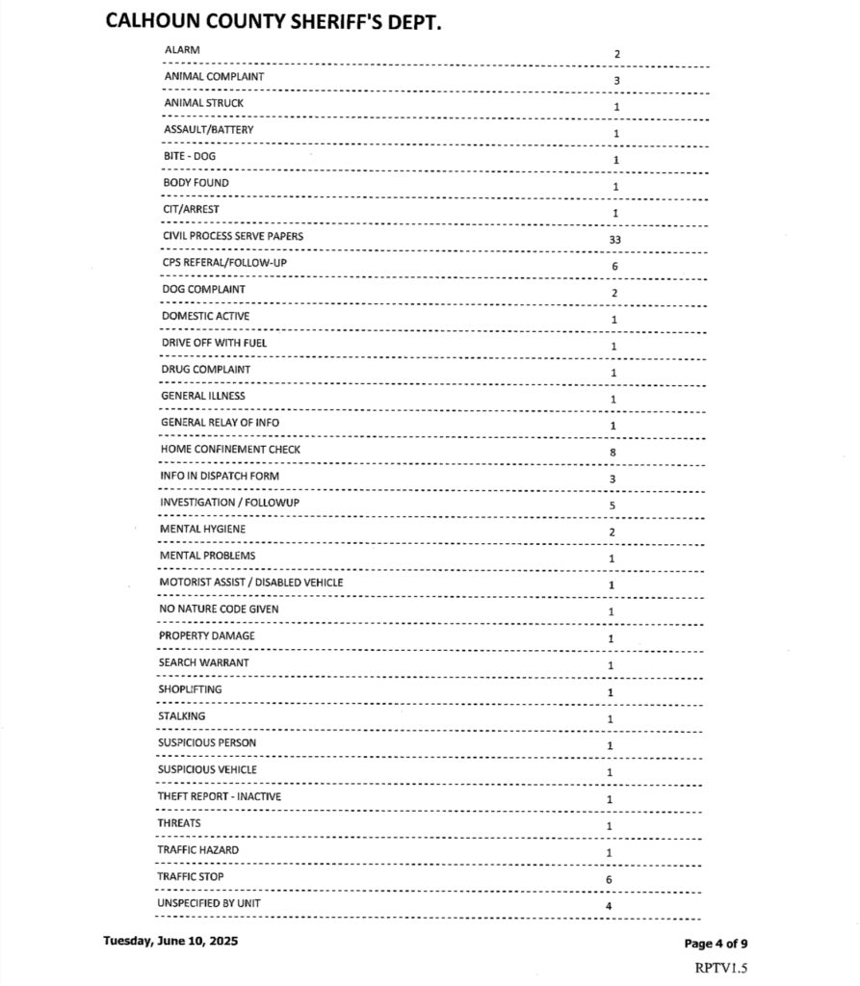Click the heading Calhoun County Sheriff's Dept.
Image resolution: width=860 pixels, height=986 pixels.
(x=274, y=22)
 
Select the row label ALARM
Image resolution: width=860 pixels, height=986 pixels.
(x=183, y=49)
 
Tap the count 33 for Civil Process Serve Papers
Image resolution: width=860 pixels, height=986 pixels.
(x=614, y=239)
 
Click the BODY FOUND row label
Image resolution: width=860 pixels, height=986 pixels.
(x=196, y=183)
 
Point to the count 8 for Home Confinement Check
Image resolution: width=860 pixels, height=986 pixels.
(x=612, y=452)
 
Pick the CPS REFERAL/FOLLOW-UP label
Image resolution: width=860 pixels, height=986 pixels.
(x=218, y=263)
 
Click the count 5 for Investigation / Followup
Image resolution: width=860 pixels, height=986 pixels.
(x=612, y=506)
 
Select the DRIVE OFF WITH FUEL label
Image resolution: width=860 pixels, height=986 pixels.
(x=214, y=343)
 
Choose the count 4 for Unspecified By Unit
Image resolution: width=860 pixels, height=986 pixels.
(x=609, y=906)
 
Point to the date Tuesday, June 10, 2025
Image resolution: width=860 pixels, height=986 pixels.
(x=170, y=941)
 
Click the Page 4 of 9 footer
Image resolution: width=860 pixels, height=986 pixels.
(x=716, y=943)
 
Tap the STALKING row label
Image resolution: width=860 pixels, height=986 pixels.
(x=181, y=716)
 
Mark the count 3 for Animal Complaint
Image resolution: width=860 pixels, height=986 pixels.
(x=616, y=80)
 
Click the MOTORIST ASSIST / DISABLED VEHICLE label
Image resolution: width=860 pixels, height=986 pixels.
(x=250, y=583)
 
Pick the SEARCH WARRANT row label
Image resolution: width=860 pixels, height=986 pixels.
(x=203, y=662)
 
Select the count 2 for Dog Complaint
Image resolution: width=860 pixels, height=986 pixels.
(x=614, y=293)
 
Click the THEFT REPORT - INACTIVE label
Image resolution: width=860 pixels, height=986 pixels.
(x=220, y=796)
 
